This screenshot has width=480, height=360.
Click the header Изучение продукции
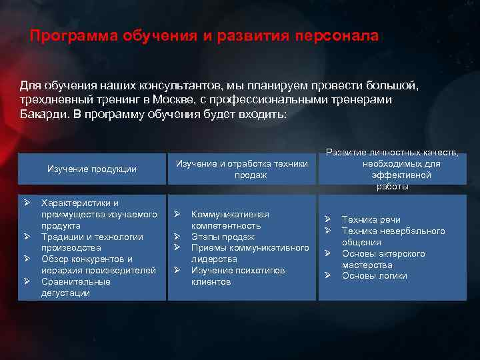pos(92,169)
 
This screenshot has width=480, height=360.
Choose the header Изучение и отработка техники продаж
pos(241,169)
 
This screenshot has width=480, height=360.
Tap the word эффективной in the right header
pos(401,175)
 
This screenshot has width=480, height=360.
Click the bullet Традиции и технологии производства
pos(92,242)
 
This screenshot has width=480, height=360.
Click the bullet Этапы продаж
pos(223,237)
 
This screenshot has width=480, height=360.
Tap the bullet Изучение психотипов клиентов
pos(237,276)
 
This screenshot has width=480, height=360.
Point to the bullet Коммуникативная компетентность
pos(230,220)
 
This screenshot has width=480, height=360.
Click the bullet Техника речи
pos(371,219)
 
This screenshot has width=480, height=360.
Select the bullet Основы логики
pos(374,276)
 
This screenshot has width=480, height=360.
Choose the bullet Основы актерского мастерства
pos(383,259)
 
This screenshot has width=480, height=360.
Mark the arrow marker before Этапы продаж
pos(178,237)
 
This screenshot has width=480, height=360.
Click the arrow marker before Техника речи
pos(328,219)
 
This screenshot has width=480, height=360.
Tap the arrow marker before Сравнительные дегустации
pos(28,281)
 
